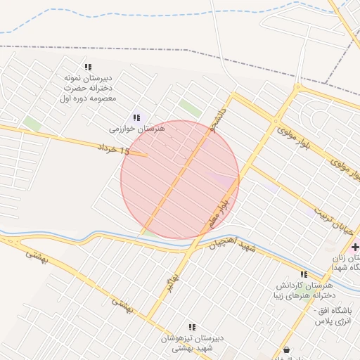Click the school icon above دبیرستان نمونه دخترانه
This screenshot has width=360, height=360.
click(87, 67)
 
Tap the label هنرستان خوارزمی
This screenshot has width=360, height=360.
click(136, 129)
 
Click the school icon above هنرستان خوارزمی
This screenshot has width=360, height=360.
click(136, 117)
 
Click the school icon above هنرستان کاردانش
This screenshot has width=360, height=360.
click(303, 274)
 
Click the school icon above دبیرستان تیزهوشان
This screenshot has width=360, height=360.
click(191, 327)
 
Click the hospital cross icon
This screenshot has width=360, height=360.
click(355, 247)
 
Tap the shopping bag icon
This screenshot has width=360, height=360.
click(286, 349)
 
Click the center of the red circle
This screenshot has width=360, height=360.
click(180, 180)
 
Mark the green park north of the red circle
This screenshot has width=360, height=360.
click(189, 108)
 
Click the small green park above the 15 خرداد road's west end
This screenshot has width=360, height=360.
click(32, 124)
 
